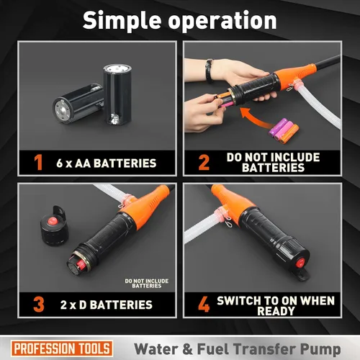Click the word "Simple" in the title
click(122, 21)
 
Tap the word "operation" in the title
click(222, 22)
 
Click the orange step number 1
click(38, 163)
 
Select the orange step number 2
click(204, 163)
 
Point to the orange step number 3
click(39, 305)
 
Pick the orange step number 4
click(204, 305)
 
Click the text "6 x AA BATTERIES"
click(107, 163)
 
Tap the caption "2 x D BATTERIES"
click(107, 305)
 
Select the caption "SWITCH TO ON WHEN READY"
click(276, 306)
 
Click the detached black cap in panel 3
click(54, 225)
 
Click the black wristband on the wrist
click(210, 71)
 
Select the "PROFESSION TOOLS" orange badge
click(62, 348)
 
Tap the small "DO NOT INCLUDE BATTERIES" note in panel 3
click(147, 283)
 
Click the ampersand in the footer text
click(187, 349)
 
